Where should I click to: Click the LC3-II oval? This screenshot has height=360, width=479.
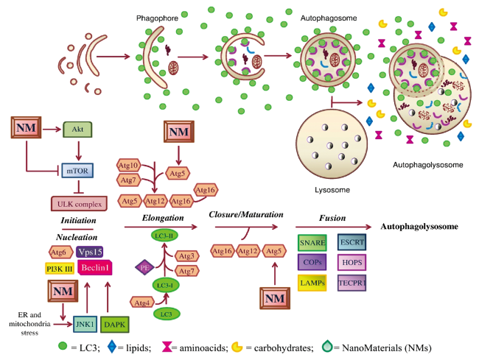coord(165,235)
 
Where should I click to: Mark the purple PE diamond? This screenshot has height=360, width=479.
coord(144,269)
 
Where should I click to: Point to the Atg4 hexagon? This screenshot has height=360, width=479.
coord(143,301)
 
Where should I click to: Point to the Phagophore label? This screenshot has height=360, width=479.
coord(155,15)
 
